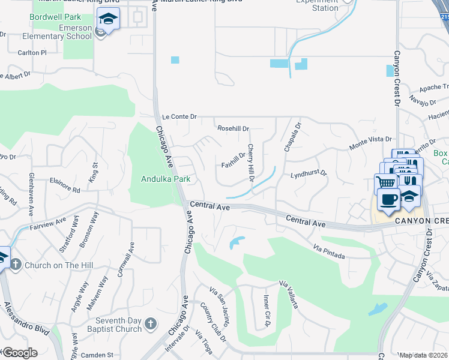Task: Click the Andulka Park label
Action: point(166,179)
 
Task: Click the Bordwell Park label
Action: point(55,17)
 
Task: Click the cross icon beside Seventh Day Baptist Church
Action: point(150,324)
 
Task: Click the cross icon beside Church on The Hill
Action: point(16,264)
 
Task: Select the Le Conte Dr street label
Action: point(179,116)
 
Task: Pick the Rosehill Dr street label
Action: point(233,128)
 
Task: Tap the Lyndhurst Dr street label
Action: point(308,174)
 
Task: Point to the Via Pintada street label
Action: point(328,251)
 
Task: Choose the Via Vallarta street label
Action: point(288,293)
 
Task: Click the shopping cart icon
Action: point(386,182)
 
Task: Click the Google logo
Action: point(19,353)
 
